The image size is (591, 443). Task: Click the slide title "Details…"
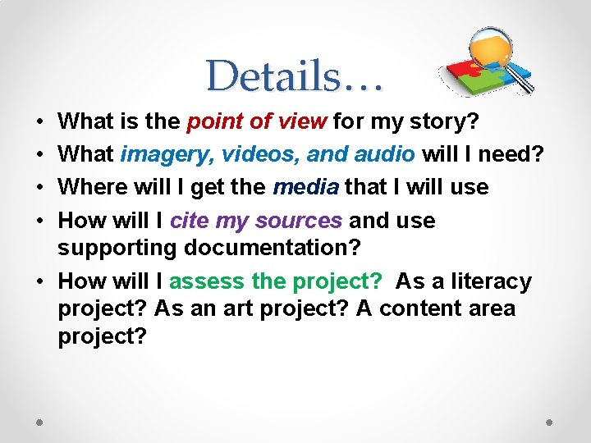(x=294, y=76)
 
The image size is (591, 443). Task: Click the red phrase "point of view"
(x=258, y=122)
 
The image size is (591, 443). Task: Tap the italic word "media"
(x=305, y=187)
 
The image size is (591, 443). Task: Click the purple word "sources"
(x=298, y=221)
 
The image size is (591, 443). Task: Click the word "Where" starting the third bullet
(x=90, y=187)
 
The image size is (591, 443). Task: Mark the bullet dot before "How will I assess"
(x=39, y=281)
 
